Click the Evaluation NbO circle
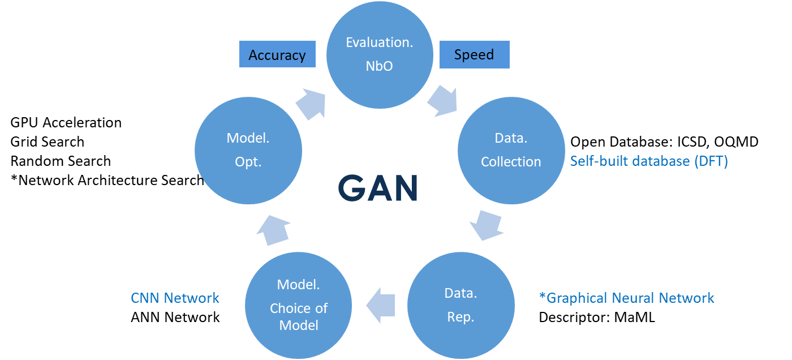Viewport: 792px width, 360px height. click(380, 54)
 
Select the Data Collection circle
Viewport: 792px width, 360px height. click(511, 150)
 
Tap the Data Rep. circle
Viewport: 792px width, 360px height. click(461, 305)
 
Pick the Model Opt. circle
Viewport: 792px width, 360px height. click(248, 150)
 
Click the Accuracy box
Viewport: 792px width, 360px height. click(277, 55)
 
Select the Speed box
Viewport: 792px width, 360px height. click(474, 55)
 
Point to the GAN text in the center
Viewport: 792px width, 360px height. click(378, 188)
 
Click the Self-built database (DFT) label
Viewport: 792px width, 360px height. click(649, 161)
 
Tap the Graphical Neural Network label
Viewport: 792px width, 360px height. click(627, 298)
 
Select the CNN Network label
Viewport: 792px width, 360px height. click(175, 298)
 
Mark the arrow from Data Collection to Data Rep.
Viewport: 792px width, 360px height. click(486, 225)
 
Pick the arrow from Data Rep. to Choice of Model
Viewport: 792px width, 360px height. click(381, 306)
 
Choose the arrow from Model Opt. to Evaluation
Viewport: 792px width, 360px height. click(311, 104)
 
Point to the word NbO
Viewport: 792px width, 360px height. click(379, 66)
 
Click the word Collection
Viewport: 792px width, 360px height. click(511, 162)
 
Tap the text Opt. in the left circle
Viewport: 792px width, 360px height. click(248, 162)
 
